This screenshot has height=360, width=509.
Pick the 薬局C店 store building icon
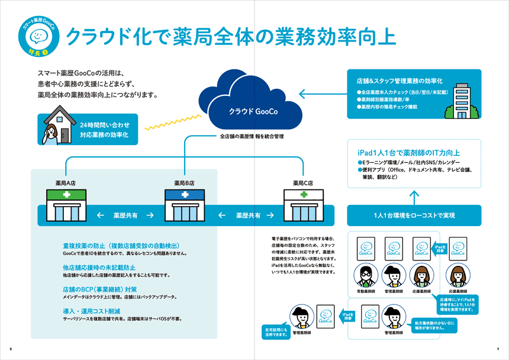[303, 205]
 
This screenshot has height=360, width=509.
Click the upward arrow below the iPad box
[414, 196]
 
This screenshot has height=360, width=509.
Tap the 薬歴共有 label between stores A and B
[125, 216]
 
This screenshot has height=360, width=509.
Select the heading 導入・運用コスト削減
[90, 311]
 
